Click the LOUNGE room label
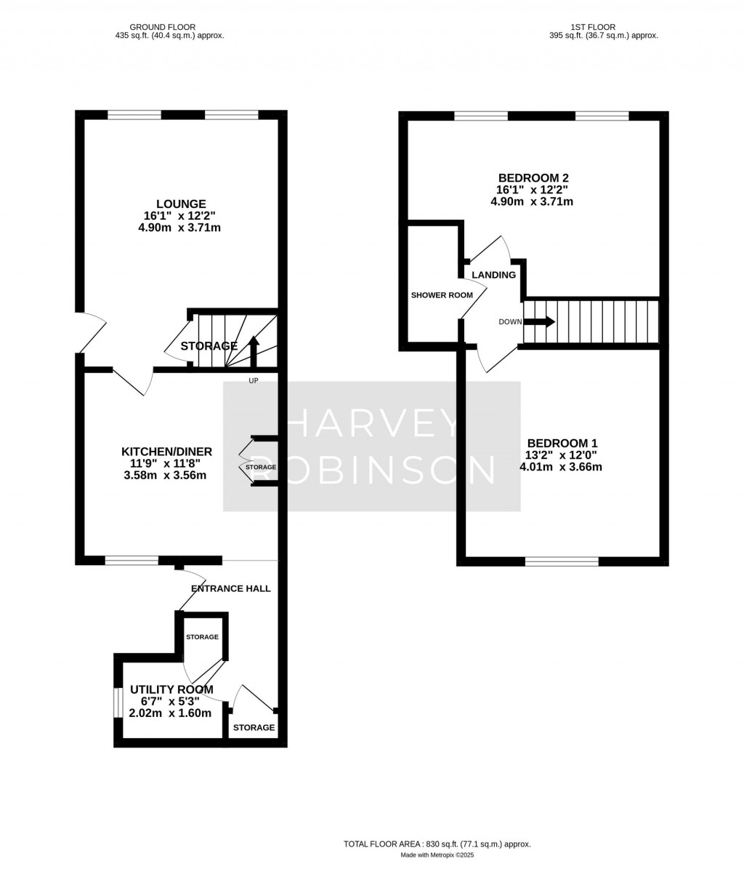pos(181,204)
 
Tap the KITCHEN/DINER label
pos(166,452)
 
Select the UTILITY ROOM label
pos(171,690)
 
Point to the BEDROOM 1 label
pos(562,444)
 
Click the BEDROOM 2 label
pos(533,178)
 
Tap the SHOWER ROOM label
pos(442,295)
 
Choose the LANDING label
pos(494,275)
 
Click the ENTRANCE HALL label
pos(230,588)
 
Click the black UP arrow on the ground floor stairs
pos(253,350)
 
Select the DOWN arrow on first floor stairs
pos(544,321)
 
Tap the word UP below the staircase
pos(252,381)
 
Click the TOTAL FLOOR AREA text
pos(437,844)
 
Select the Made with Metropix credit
pos(437,855)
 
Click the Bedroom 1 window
pos(562,561)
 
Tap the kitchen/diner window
pos(132,560)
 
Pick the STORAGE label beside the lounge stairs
pos(209,346)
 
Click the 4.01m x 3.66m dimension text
pos(560,467)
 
